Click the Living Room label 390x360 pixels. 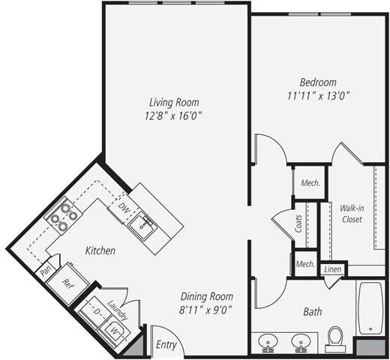(174, 102)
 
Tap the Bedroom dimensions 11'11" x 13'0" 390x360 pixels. (318, 95)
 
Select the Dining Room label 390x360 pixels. (205, 295)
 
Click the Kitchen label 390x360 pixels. (100, 250)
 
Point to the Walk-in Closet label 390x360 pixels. (351, 214)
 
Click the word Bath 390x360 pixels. (312, 310)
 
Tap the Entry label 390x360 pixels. (166, 346)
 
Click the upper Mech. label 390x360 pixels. (310, 183)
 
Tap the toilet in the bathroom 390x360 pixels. (335, 340)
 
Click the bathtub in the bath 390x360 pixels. (370, 308)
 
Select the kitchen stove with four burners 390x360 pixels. (64, 216)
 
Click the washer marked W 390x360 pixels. (115, 328)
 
